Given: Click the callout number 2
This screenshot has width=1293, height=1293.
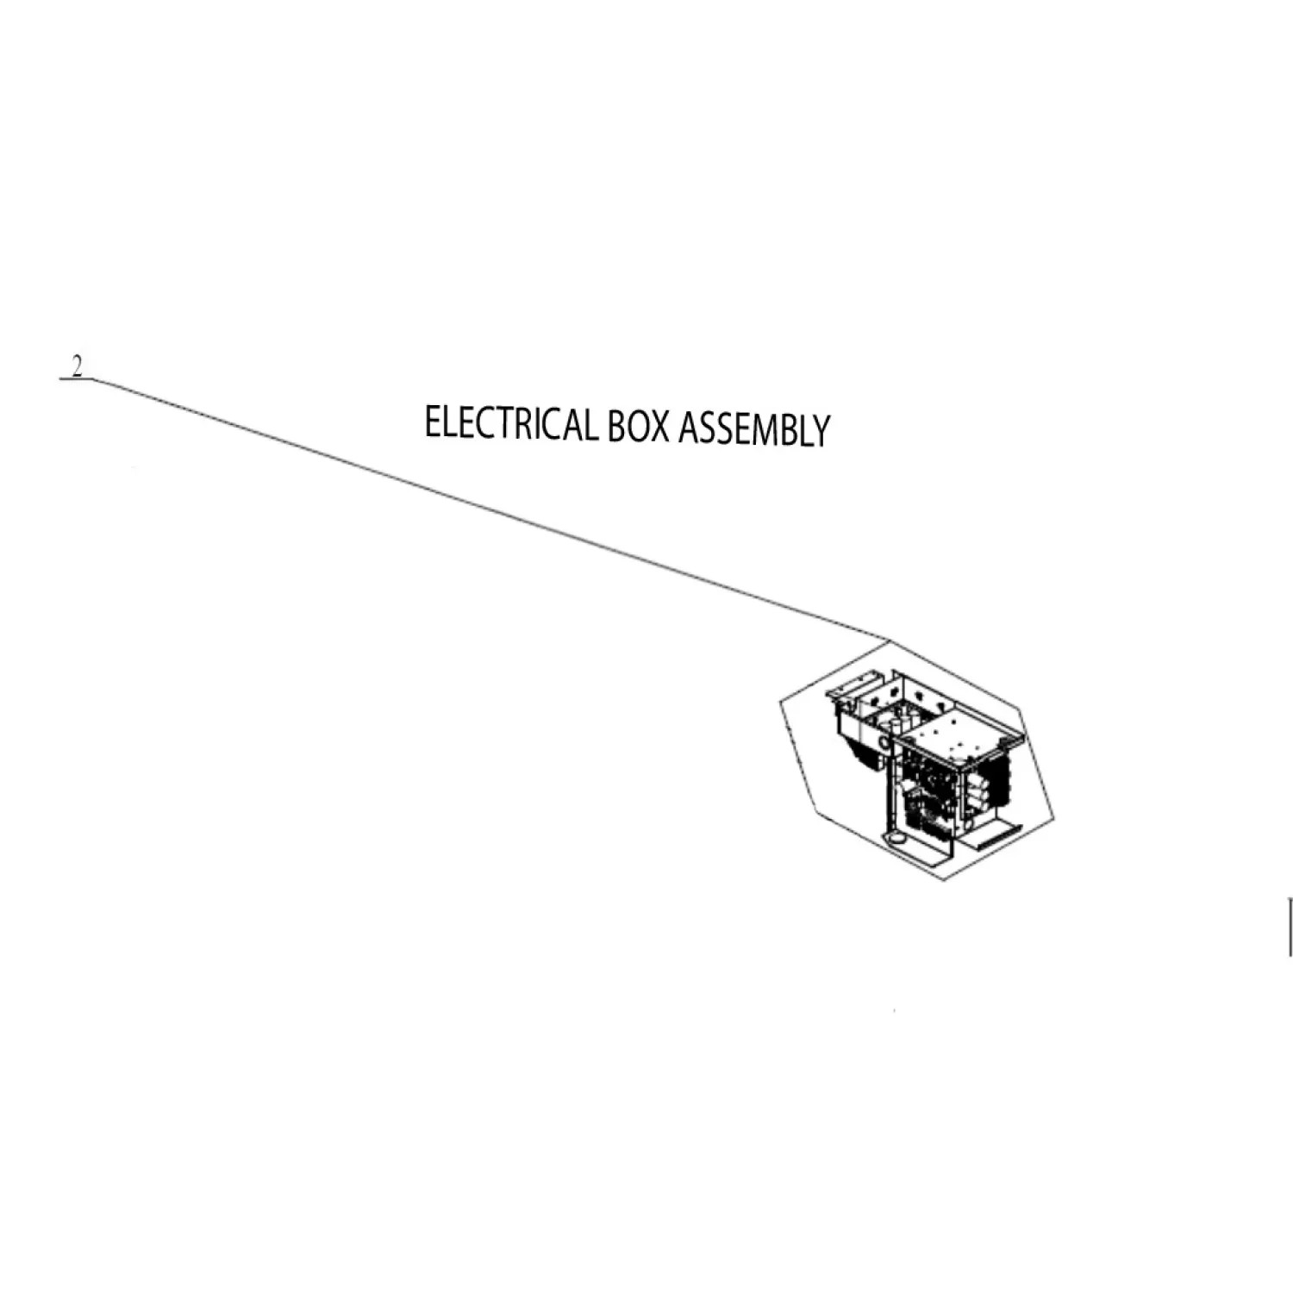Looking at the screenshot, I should [x=78, y=368].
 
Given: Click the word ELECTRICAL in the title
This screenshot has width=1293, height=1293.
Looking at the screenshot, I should [x=510, y=424].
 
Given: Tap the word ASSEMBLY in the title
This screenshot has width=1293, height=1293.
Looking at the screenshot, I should [x=753, y=429].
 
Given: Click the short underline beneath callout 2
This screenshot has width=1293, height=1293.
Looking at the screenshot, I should [x=76, y=379].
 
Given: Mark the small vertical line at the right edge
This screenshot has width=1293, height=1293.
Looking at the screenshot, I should [x=1290, y=927].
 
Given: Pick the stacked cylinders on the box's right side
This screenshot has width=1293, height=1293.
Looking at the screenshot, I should [x=976, y=789].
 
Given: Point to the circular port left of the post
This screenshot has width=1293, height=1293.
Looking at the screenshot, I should [x=884, y=741].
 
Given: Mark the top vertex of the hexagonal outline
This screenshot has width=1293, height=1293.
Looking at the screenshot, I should [x=886, y=640].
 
